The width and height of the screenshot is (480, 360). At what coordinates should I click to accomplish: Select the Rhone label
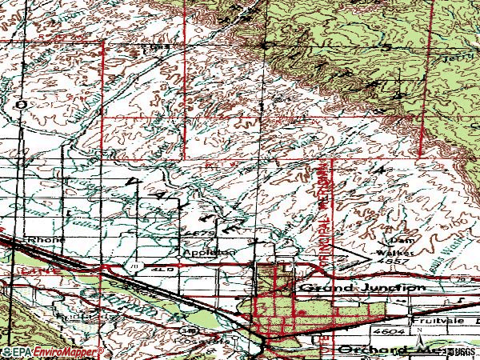[42, 238]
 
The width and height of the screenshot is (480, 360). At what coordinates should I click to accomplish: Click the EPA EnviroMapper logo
[52, 352]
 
